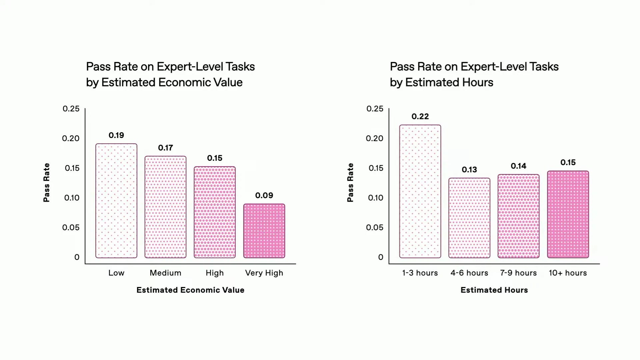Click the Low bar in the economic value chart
[116, 201]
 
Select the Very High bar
[264, 231]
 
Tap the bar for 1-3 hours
[420, 191]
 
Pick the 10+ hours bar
[568, 214]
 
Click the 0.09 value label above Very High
[264, 195]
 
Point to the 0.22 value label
[420, 116]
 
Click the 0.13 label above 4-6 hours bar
[469, 170]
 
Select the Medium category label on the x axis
[165, 273]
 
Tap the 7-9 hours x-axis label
[518, 273]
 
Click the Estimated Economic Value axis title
[190, 290]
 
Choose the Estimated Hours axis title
[494, 290]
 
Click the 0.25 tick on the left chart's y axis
[71, 109]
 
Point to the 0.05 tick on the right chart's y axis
[374, 227]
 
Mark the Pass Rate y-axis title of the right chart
[350, 182]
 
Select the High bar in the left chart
[215, 212]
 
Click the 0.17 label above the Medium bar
[165, 148]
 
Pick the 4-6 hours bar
[469, 218]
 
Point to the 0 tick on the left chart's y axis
[77, 257]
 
